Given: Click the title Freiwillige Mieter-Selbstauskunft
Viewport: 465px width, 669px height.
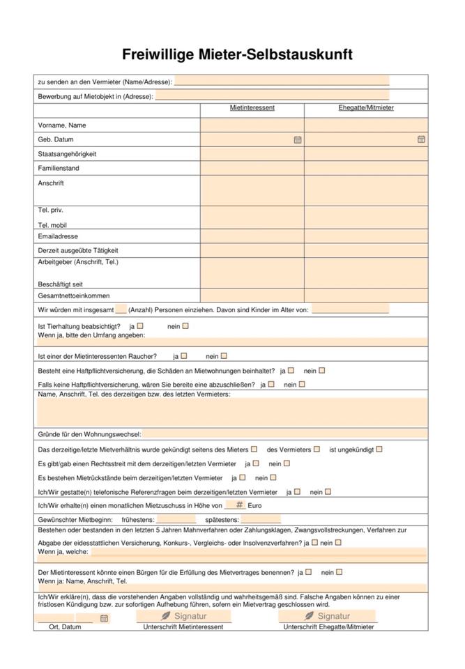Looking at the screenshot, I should (237, 54).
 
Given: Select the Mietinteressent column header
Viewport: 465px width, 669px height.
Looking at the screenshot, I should (252, 108).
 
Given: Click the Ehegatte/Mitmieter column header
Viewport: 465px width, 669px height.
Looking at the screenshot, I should (365, 108).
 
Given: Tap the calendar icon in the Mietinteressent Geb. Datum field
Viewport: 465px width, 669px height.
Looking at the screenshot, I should (298, 139).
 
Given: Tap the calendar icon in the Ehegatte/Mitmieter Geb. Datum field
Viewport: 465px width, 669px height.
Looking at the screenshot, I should (421, 139).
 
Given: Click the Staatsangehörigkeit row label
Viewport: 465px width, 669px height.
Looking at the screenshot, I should (67, 154).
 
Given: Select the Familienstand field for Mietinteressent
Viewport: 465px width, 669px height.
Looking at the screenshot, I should (252, 168).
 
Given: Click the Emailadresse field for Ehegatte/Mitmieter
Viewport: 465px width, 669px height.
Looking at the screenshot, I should (365, 236).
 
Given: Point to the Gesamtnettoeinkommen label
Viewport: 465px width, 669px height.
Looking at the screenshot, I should (73, 295).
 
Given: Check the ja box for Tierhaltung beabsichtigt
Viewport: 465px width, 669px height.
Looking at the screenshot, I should (140, 325).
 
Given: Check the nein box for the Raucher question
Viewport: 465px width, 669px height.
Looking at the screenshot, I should (224, 356).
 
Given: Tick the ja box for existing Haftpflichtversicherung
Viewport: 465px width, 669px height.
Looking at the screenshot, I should (291, 371).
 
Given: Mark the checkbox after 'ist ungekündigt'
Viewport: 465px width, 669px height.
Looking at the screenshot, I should (379, 449).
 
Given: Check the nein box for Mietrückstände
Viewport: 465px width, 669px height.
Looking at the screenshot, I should (273, 477).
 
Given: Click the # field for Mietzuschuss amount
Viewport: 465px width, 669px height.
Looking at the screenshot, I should (235, 505).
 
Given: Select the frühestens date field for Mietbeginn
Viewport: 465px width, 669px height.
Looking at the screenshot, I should (176, 519).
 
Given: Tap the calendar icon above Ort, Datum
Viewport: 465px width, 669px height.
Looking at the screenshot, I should (104, 618).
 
